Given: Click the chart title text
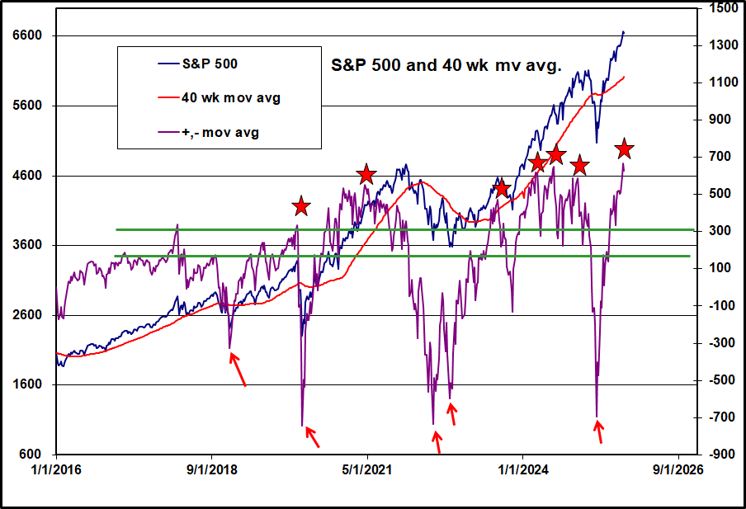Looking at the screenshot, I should [446, 65].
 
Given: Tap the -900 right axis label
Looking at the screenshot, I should [718, 455].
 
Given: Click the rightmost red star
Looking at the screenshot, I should [624, 149].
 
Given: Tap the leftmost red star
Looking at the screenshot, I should [301, 206].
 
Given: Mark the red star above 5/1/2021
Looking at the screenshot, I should [366, 174].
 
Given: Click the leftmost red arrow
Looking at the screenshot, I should [238, 370].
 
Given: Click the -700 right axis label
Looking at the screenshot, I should [718, 417].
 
